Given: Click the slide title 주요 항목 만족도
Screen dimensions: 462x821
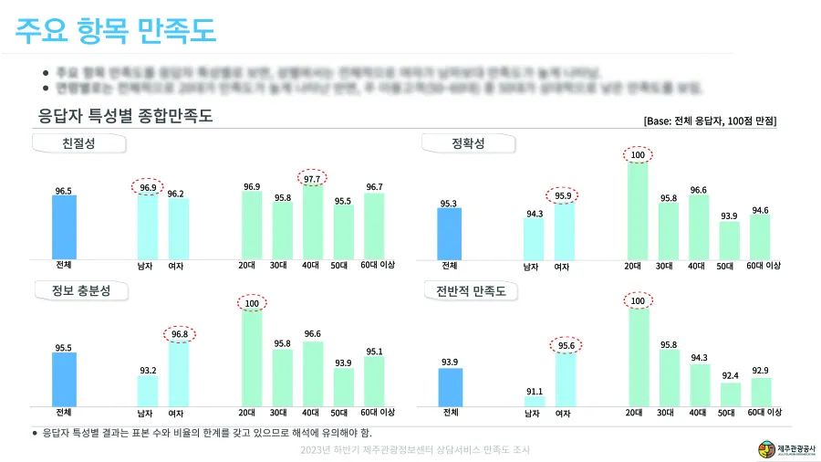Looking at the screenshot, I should tap(116, 30).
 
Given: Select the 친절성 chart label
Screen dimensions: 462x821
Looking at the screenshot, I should tap(78, 144).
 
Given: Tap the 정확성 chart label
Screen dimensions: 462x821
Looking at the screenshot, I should tap(469, 143).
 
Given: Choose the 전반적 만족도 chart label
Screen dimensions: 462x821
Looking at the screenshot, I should tap(471, 291).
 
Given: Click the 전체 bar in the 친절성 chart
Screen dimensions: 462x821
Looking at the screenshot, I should tap(64, 226).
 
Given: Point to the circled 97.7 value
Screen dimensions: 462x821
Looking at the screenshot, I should tap(312, 179).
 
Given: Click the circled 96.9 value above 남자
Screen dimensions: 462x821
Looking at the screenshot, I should tap(148, 187).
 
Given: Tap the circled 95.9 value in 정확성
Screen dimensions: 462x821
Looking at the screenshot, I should tap(564, 195).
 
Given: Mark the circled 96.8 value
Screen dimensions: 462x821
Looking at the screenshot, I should tap(178, 334).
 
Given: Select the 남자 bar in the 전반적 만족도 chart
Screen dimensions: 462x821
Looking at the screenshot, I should tap(535, 401).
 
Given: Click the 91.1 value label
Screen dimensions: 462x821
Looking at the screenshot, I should tap(535, 391).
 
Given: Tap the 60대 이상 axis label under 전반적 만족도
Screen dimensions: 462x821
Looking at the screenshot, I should tap(764, 413).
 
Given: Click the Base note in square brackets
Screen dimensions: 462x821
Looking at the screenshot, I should tap(710, 121).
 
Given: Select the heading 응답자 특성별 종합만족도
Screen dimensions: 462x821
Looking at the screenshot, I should tap(124, 115).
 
